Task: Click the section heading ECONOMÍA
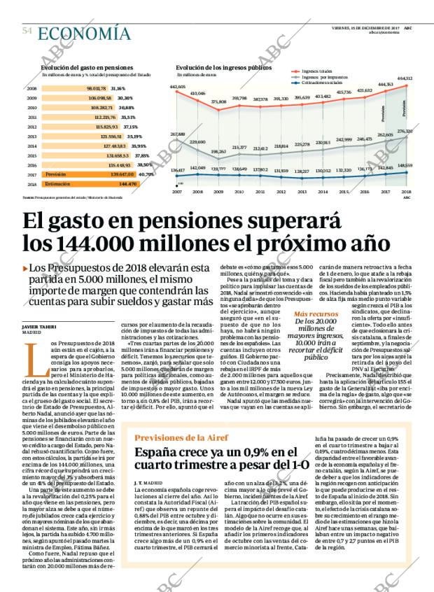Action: pyautogui.click(x=84, y=33)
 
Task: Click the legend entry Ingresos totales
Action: pyautogui.click(x=318, y=71)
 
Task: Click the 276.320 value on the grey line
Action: pyautogui.click(x=405, y=131)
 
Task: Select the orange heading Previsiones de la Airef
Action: pyautogui.click(x=181, y=417)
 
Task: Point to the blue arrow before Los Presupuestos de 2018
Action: pyautogui.click(x=26, y=268)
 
